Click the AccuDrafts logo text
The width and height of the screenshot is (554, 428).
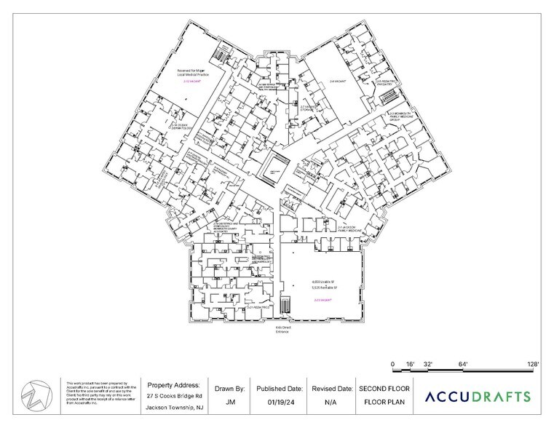478,397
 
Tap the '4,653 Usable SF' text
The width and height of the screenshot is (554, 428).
321,281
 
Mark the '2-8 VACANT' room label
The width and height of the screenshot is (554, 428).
336,82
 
